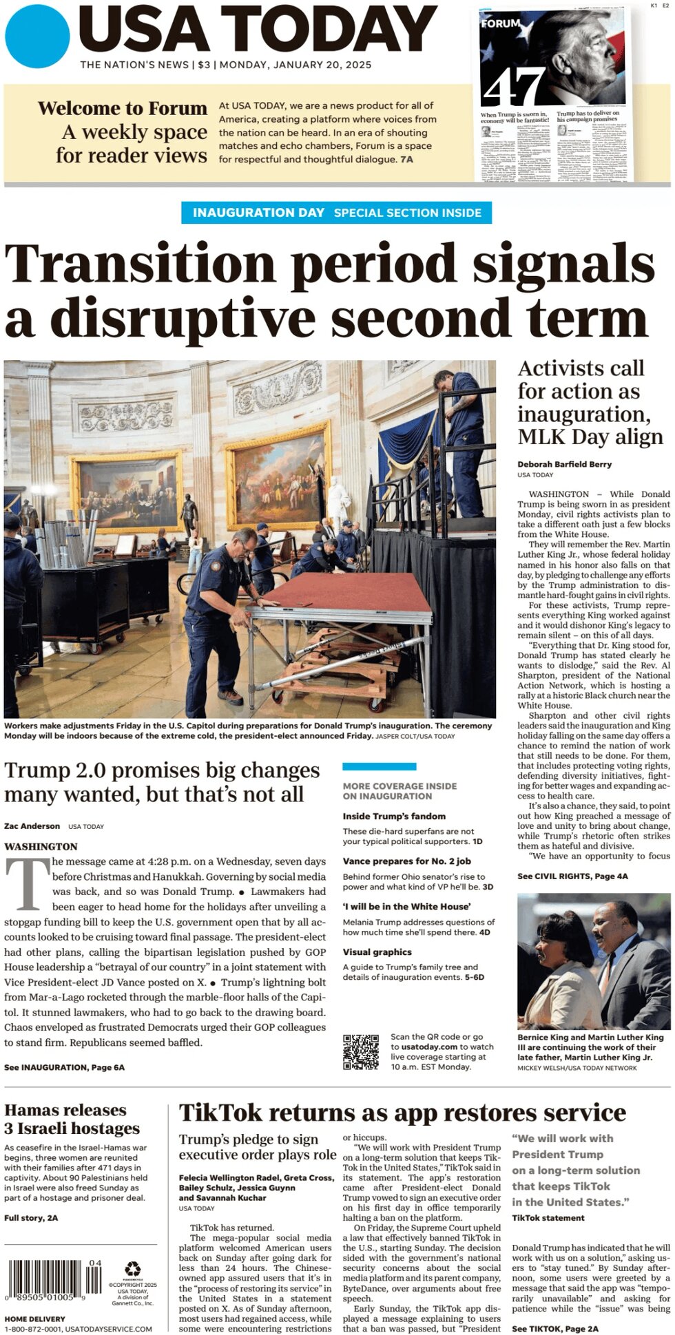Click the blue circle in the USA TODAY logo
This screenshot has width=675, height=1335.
pyautogui.click(x=37, y=36)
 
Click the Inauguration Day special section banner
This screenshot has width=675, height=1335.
pyautogui.click(x=337, y=213)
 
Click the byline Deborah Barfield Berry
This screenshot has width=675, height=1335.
pyautogui.click(x=564, y=464)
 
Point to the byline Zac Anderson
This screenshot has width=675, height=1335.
pyautogui.click(x=32, y=826)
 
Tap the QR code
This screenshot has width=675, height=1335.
pyautogui.click(x=361, y=1051)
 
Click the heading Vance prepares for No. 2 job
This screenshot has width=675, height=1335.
pyautogui.click(x=407, y=861)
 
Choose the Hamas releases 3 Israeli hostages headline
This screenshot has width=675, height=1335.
pyautogui.click(x=72, y=1119)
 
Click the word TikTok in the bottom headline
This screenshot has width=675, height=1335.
pyautogui.click(x=220, y=1113)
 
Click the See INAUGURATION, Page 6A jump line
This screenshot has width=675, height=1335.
pyautogui.click(x=64, y=1067)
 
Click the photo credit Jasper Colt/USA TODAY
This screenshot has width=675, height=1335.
pyautogui.click(x=415, y=736)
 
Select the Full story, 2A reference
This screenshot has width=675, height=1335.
pyautogui.click(x=31, y=1217)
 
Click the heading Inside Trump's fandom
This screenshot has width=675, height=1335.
pyautogui.click(x=394, y=816)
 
